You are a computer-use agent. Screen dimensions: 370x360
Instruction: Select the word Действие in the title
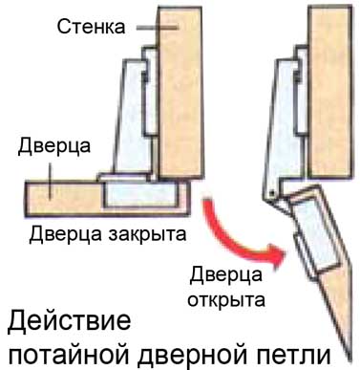68,319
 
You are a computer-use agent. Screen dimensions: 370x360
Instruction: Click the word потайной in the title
67,353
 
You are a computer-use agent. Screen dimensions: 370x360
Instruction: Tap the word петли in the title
295,353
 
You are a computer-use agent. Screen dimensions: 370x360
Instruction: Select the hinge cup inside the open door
315,234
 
